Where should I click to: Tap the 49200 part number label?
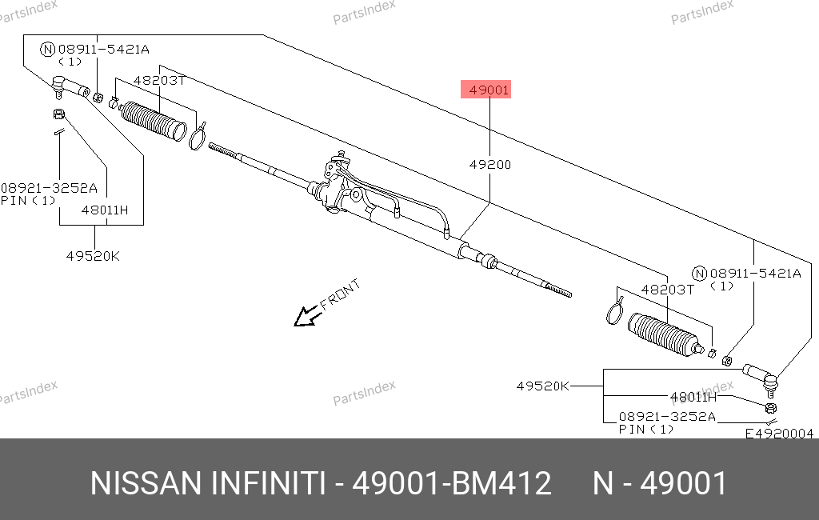pyautogui.click(x=490, y=165)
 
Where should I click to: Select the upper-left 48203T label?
pyautogui.click(x=159, y=81)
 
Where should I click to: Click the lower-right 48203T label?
pyautogui.click(x=668, y=290)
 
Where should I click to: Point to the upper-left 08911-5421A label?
pyautogui.click(x=103, y=50)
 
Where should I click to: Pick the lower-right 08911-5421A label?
pyautogui.click(x=755, y=274)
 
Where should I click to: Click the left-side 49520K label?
pyautogui.click(x=93, y=256)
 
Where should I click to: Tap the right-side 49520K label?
pyautogui.click(x=543, y=386)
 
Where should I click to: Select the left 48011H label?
pyautogui.click(x=105, y=210)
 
